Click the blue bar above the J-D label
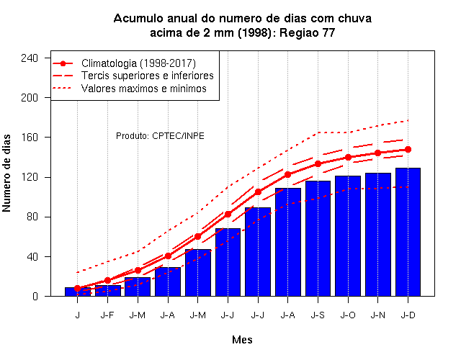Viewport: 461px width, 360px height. coord(408,232)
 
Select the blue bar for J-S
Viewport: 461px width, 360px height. coord(318,238)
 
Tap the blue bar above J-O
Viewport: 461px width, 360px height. coord(348,235)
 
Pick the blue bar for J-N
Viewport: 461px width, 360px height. coord(377,235)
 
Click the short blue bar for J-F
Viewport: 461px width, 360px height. coord(108,291)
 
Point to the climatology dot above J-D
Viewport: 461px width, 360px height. coord(408,150)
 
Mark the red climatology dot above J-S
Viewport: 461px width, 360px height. coord(318,163)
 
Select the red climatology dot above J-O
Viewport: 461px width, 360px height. coord(348,157)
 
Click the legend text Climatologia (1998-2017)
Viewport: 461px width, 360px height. coord(138,63)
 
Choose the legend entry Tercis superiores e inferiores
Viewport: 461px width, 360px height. coord(147,76)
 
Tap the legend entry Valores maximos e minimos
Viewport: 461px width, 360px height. coord(144,88)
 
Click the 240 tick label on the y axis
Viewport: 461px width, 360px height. coord(30,58)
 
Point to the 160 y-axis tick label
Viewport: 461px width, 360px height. coord(30,138)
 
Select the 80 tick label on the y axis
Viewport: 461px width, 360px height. coord(32,217)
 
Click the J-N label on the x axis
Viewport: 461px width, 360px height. coord(377,315)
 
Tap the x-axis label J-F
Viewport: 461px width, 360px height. coord(107,315)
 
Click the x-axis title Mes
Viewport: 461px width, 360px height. coord(242,340)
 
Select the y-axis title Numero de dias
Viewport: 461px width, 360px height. coord(6,173)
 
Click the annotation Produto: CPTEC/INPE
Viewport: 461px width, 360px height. coord(160,136)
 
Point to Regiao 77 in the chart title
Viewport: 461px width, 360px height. coord(308,32)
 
